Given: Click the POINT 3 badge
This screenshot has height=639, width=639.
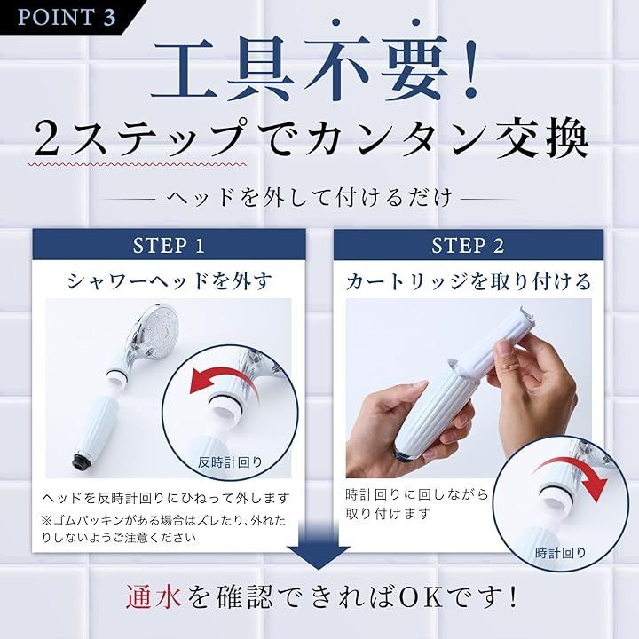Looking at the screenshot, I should pos(67,18).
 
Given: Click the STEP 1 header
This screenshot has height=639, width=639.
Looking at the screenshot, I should pos(169,245).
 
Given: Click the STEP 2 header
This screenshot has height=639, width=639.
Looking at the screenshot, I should pos(468,245).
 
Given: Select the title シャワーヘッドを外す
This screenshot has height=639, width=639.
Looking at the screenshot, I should pos(169,281).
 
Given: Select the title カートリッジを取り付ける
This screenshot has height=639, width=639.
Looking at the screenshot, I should pos(468,281).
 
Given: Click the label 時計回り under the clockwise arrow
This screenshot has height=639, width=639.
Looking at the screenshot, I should pos(561,552).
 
